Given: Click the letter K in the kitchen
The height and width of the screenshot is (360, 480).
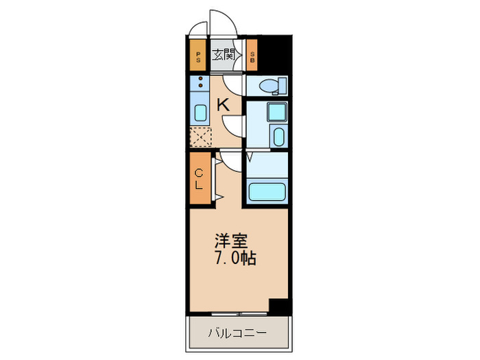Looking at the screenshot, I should pyautogui.click(x=223, y=105).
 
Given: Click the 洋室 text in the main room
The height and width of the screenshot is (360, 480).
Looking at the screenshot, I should pyautogui.click(x=230, y=241).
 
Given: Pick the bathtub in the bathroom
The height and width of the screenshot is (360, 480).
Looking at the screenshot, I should pyautogui.click(x=267, y=192).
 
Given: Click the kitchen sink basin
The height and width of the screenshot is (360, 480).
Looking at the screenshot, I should pyautogui.click(x=201, y=114).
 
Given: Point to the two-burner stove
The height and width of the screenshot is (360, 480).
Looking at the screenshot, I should pyautogui.click(x=201, y=86).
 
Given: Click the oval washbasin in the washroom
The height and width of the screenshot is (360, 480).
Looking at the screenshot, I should pyautogui.click(x=278, y=136).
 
